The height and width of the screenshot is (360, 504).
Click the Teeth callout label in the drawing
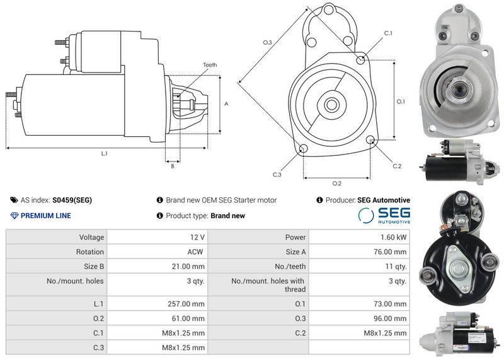pyautogui.click(x=210, y=65)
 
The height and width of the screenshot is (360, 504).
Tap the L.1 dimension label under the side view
pyautogui.click(x=104, y=153)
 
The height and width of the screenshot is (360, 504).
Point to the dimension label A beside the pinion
pyautogui.click(x=226, y=104)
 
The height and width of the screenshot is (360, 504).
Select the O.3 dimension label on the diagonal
pyautogui.click(x=267, y=42)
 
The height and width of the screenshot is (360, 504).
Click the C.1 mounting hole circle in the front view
pyautogui.click(x=360, y=59)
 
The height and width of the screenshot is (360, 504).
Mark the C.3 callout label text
pyautogui.click(x=277, y=175)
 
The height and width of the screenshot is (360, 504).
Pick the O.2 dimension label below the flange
pyautogui.click(x=336, y=183)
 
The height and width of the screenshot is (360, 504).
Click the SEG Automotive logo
pyautogui.click(x=384, y=215)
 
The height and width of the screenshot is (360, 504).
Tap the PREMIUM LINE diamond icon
pyautogui.click(x=14, y=216)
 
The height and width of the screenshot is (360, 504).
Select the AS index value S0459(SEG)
pyautogui.click(x=72, y=200)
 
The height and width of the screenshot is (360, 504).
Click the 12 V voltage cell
pyautogui.click(x=197, y=237)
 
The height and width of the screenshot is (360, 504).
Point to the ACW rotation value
pyautogui.click(x=195, y=252)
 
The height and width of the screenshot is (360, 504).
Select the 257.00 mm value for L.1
pyautogui.click(x=186, y=304)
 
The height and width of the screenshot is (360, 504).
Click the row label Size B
pyautogui.click(x=94, y=267)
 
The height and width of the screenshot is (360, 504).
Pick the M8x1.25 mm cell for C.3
pyautogui.click(x=183, y=347)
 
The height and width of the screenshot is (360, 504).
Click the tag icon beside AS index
pyautogui.click(x=14, y=200)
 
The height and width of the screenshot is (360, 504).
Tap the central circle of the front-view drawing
pyautogui.click(x=331, y=105)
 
